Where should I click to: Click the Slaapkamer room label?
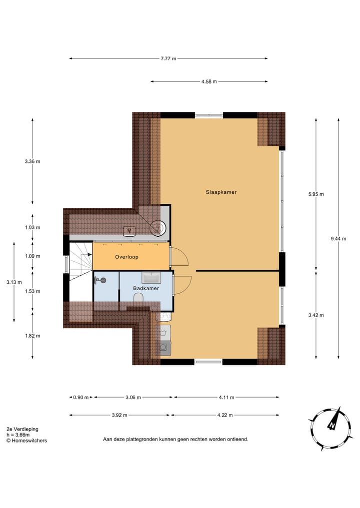(x=221, y=192)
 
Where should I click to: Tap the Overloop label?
(x=126, y=257)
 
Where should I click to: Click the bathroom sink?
(x=150, y=277)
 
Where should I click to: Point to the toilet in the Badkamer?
(x=139, y=298)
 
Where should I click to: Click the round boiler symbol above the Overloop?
(x=159, y=228)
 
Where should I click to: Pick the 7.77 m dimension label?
(x=168, y=58)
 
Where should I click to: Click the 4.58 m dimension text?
(x=209, y=82)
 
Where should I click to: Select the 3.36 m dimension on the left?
(x=32, y=161)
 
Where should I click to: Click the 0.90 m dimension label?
(x=81, y=398)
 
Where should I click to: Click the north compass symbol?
(x=331, y=425)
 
